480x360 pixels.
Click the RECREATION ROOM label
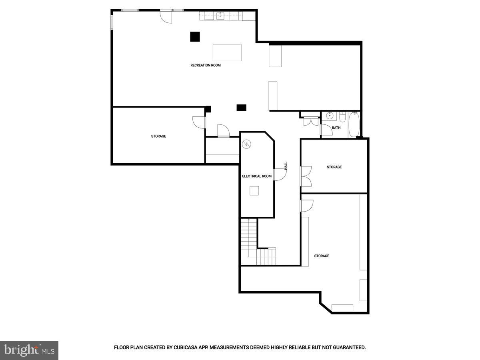click(x=205, y=65)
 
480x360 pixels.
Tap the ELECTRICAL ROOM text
click(x=257, y=176)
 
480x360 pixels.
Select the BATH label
click(x=336, y=128)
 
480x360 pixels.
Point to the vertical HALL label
click(x=286, y=166)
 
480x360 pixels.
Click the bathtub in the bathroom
click(x=354, y=124)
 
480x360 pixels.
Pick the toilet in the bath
click(x=342, y=117)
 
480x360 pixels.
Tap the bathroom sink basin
click(x=330, y=116)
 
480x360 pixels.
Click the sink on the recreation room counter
click(x=220, y=16)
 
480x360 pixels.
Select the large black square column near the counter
click(x=195, y=36)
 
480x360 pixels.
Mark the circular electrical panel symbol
click(x=247, y=143)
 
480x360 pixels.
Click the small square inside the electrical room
click(x=254, y=191)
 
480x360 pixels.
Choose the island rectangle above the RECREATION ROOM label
click(x=227, y=52)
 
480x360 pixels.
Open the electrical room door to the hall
click(x=279, y=174)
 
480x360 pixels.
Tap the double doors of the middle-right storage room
click(x=306, y=176)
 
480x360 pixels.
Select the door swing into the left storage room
click(x=199, y=122)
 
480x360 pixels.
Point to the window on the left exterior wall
click(x=112, y=22)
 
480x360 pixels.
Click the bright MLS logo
click(x=29, y=350)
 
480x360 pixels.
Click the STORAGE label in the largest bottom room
click(x=322, y=256)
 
